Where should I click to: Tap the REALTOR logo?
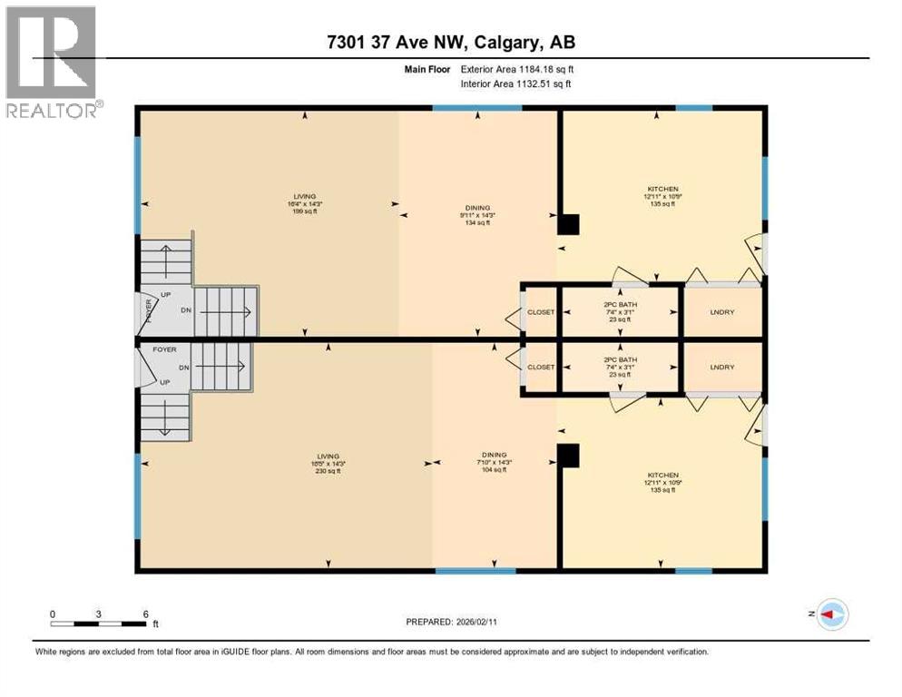coord(52,63)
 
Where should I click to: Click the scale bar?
coord(99,623)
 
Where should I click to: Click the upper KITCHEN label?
coord(662,196)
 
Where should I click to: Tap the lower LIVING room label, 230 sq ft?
coord(328,464)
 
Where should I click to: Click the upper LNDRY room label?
coord(722,312)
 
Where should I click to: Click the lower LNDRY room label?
coord(722,367)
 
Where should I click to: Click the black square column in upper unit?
coord(568,224)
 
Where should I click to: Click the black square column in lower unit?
coord(568,455)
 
